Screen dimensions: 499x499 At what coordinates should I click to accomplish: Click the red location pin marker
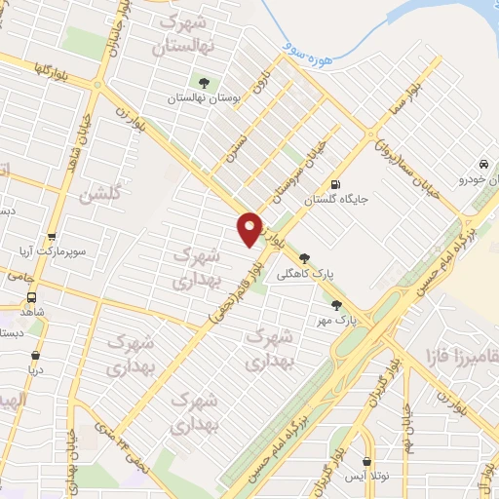click(250, 228)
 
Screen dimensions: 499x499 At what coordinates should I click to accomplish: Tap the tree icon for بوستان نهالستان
click(204, 83)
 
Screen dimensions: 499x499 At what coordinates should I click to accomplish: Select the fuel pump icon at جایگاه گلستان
click(336, 183)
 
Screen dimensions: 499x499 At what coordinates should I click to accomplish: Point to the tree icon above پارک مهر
click(337, 304)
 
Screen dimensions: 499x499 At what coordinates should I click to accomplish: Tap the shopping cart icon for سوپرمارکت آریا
click(52, 237)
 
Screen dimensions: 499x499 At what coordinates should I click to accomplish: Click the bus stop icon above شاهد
click(32, 297)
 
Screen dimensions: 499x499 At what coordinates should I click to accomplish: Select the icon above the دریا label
click(36, 357)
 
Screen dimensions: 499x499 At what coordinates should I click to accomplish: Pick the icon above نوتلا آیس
click(366, 463)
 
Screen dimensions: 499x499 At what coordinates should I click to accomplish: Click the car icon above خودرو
click(484, 164)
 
